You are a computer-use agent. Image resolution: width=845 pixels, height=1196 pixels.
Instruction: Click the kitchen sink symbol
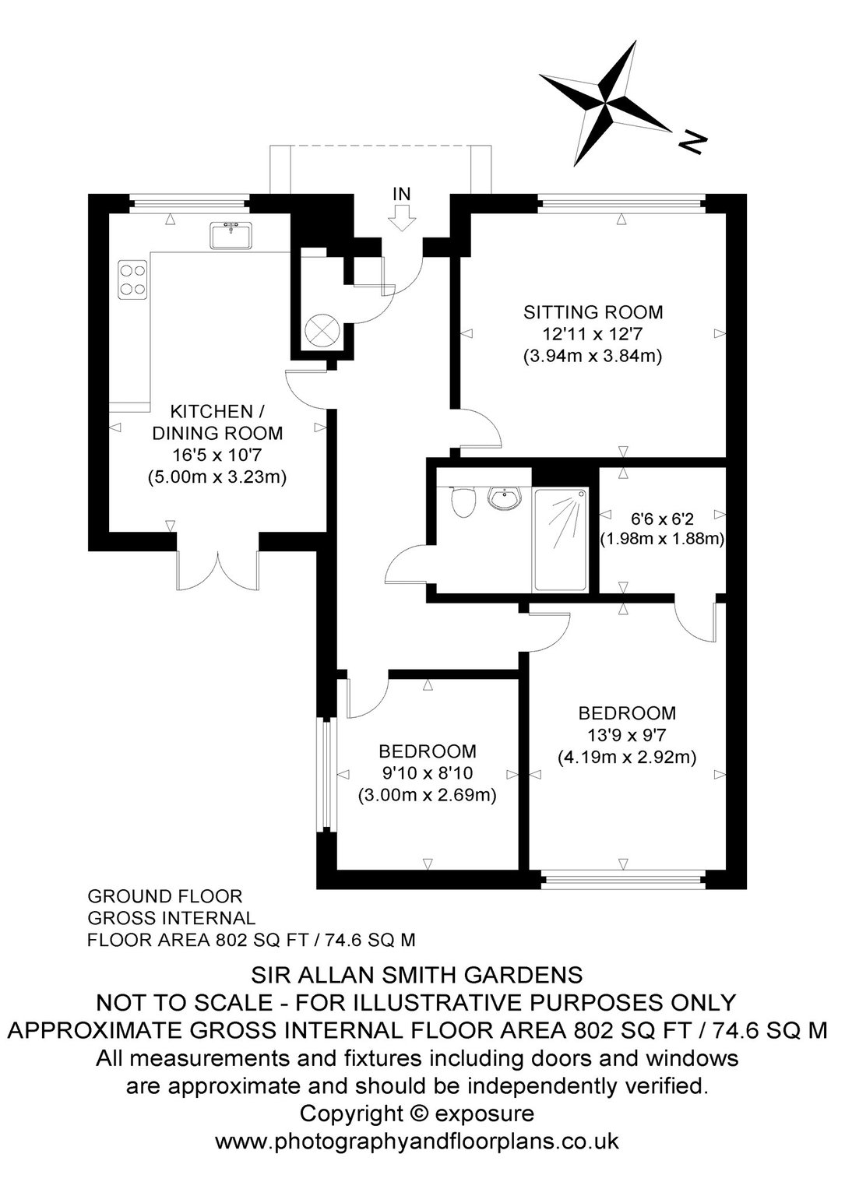231,235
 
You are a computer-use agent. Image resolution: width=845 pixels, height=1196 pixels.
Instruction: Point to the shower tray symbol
561,540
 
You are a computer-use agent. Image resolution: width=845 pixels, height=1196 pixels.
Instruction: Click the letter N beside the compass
692,142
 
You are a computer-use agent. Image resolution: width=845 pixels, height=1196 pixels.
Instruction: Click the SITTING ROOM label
593,311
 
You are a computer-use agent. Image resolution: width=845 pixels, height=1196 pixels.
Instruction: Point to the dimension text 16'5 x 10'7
217,456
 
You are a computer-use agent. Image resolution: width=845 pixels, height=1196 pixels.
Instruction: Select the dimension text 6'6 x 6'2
662,518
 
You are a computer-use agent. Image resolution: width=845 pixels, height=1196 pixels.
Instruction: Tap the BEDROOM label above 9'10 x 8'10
428,751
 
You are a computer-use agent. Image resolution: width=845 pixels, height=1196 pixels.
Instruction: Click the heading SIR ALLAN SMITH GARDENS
417,976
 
